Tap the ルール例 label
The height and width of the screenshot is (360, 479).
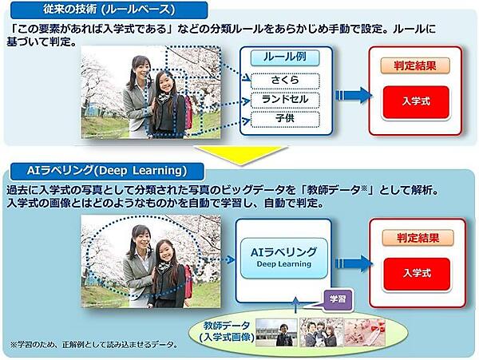pos(284,58)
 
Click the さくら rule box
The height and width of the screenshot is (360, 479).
pos(284,81)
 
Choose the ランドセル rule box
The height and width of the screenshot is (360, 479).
pos(284,100)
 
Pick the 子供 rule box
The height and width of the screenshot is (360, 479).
pos(284,119)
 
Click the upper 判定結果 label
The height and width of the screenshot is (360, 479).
pos(417,66)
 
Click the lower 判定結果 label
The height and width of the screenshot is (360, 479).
pos(417,237)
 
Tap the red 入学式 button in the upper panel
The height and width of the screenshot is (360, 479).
pos(416,101)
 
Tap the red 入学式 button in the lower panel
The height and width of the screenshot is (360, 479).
pos(416,273)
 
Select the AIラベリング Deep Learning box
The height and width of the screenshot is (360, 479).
pos(283,257)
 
